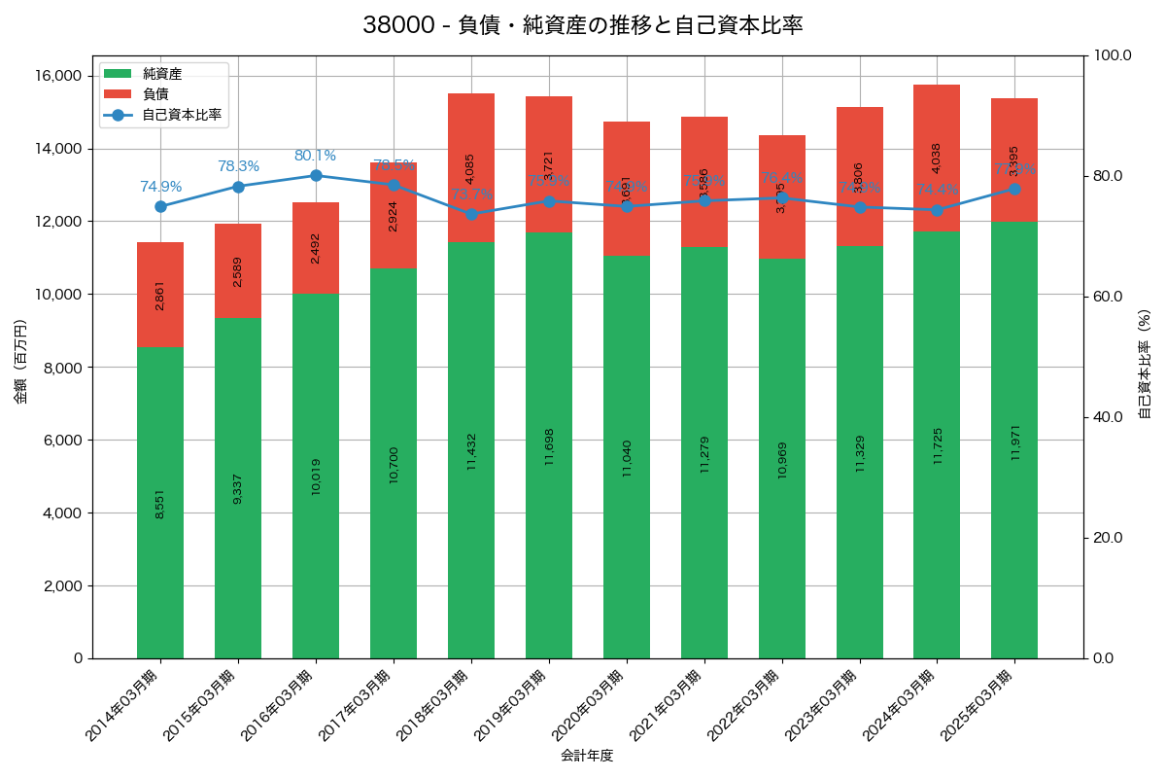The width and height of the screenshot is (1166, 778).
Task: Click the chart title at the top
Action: pyautogui.click(x=582, y=25)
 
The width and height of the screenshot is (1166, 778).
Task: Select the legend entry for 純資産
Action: pyautogui.click(x=161, y=74)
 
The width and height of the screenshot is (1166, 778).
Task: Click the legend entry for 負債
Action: pyautogui.click(x=155, y=94)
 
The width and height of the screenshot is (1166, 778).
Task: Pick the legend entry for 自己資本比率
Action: pyautogui.click(x=181, y=115)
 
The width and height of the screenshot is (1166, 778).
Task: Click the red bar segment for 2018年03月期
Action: pyautogui.click(x=471, y=167)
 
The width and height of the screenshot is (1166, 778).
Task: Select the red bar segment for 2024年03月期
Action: pyautogui.click(x=937, y=158)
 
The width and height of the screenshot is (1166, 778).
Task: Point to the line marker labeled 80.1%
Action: pyautogui.click(x=316, y=175)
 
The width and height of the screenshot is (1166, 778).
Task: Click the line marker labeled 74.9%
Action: pyautogui.click(x=160, y=206)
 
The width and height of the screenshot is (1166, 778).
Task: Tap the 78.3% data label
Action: pyautogui.click(x=238, y=166)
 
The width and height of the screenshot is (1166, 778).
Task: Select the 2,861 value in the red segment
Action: pyautogui.click(x=160, y=295)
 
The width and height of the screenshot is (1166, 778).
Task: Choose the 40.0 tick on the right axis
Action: pyautogui.click(x=1107, y=417)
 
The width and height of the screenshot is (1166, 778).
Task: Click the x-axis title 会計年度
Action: pyautogui.click(x=587, y=756)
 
